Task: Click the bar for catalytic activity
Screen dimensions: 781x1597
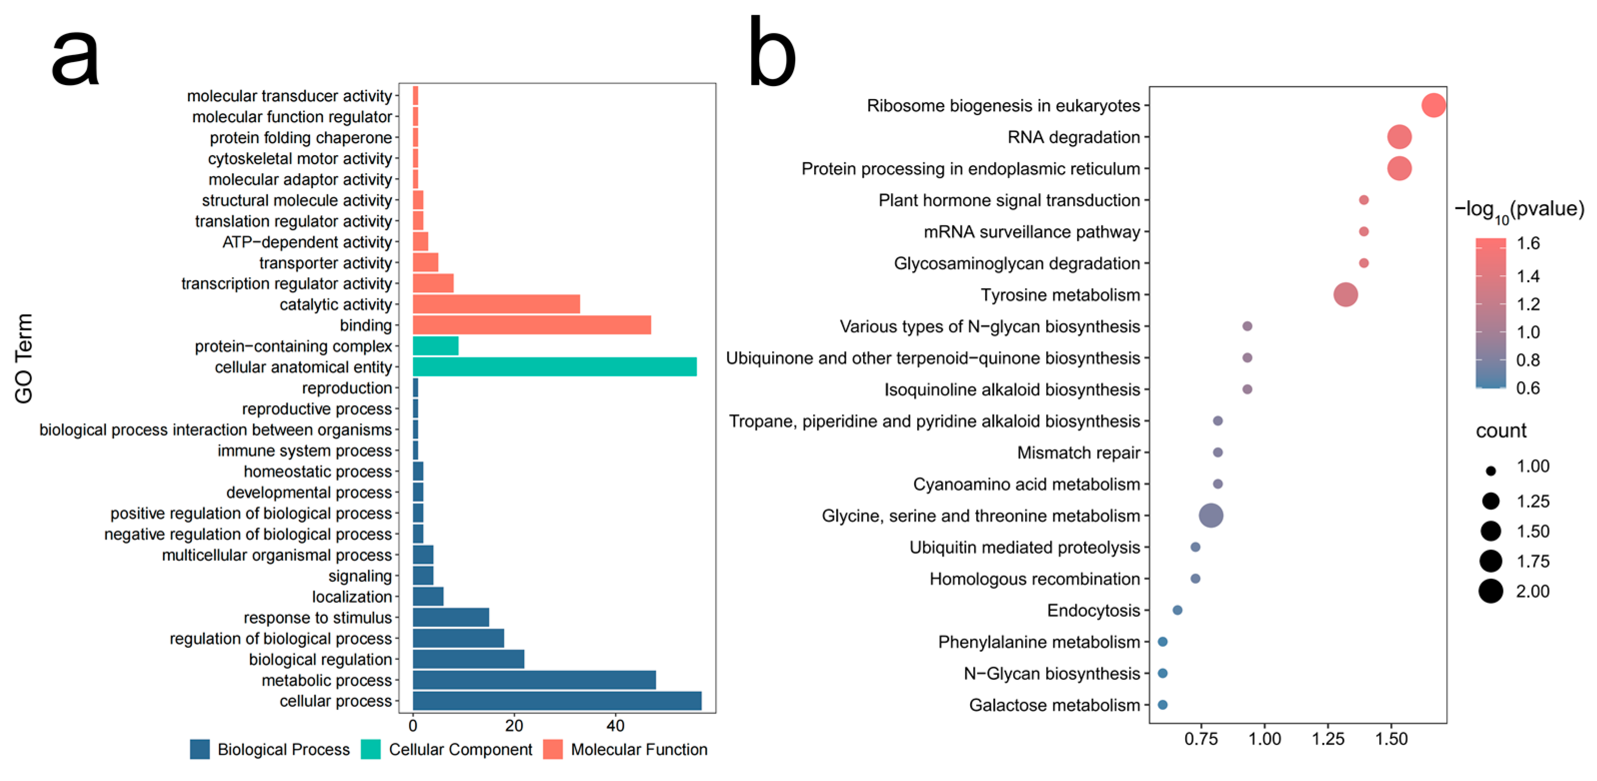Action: (496, 304)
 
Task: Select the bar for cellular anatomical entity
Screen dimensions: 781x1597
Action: (554, 367)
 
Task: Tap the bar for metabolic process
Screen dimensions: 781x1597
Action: (534, 680)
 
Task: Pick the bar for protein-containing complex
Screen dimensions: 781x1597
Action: (435, 346)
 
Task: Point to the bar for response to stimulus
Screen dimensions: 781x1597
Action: (451, 617)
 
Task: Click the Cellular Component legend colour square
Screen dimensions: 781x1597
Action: (371, 749)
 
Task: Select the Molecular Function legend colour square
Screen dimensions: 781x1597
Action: (552, 749)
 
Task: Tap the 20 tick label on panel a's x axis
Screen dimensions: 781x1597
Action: (514, 726)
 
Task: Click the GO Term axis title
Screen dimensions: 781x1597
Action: (24, 359)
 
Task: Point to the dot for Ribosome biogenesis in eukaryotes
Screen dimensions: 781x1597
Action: (1433, 106)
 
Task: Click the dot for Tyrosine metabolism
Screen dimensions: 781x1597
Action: (1345, 295)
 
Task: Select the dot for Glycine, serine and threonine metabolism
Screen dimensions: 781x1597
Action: (1211, 515)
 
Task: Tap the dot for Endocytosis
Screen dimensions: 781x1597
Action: (1177, 610)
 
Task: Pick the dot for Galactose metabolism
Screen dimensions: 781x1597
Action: (1162, 704)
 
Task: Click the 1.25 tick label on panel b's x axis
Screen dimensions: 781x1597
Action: (1328, 739)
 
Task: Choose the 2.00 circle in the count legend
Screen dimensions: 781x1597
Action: (1490, 591)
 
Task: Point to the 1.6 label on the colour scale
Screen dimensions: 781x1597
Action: (1528, 243)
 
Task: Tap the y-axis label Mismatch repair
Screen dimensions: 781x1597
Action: (1078, 453)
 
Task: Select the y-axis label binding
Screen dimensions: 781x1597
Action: (366, 325)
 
